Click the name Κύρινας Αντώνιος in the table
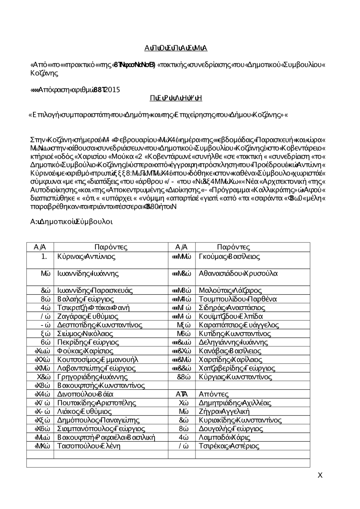(86, 257)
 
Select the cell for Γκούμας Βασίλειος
(229, 257)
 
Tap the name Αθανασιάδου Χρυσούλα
(238, 273)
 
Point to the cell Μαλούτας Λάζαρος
(230, 291)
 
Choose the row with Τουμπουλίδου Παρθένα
(238, 299)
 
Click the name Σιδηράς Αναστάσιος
(232, 308)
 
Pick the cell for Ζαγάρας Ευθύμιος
(87, 317)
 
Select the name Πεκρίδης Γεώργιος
(88, 342)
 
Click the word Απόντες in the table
(213, 395)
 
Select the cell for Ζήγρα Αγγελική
(224, 412)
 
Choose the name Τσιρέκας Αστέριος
(229, 446)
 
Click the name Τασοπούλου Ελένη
(89, 446)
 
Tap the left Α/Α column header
(40, 247)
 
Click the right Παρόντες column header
(233, 247)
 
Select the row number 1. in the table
(44, 257)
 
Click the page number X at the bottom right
(320, 476)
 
